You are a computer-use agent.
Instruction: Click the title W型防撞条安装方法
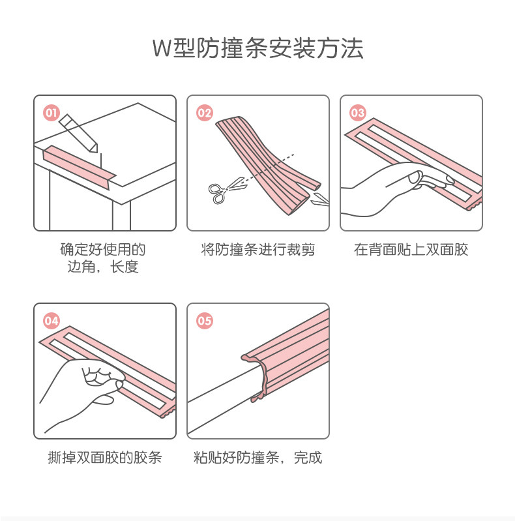pos(257,49)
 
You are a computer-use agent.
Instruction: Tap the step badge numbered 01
pos(51,113)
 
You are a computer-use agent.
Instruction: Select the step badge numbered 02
pos(205,113)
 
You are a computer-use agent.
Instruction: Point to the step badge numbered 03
pos(358,113)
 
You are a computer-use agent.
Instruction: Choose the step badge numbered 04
pos(51,321)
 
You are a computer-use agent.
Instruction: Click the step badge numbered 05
pos(205,321)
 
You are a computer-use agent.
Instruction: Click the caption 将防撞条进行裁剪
pos(258,250)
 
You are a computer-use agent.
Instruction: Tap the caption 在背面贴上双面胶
pos(411,250)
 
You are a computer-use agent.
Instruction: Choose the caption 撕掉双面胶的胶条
pos(105,458)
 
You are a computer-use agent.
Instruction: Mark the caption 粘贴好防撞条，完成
pos(258,458)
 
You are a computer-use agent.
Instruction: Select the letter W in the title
pos(162,50)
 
